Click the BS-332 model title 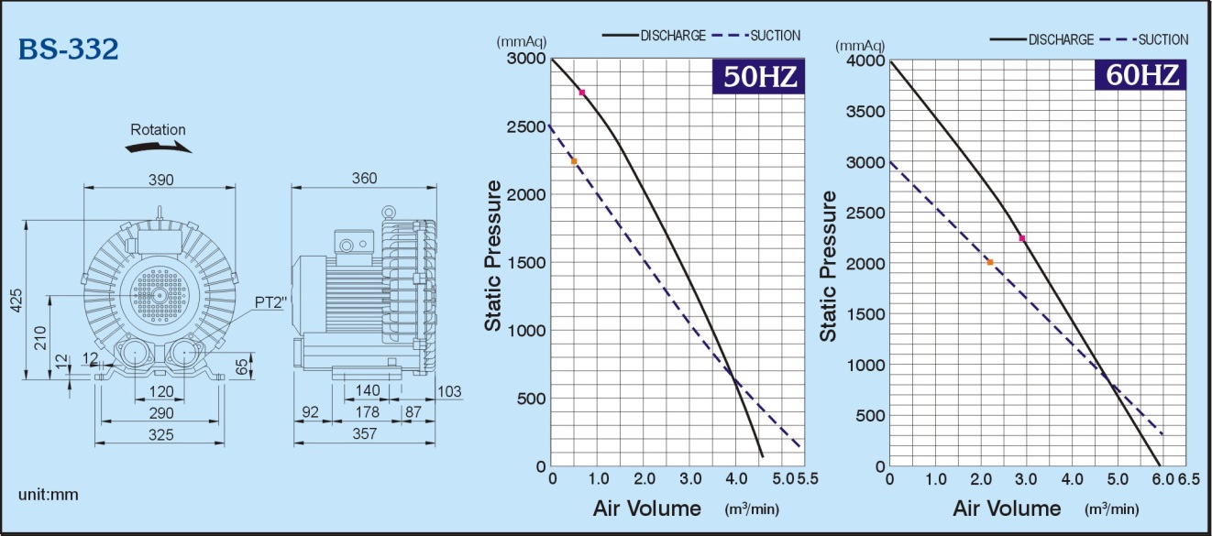(69, 49)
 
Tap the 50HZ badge (758, 77)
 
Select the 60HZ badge (1140, 75)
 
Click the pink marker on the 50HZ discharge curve (581, 93)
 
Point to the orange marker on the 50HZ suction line (574, 161)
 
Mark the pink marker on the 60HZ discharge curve (1022, 238)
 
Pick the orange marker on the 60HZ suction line (990, 263)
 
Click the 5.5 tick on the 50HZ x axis (807, 479)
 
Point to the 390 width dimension (161, 180)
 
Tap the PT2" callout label (271, 301)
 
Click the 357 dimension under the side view (365, 434)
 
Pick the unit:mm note (49, 495)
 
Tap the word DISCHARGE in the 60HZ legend (1061, 40)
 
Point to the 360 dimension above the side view (364, 180)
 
